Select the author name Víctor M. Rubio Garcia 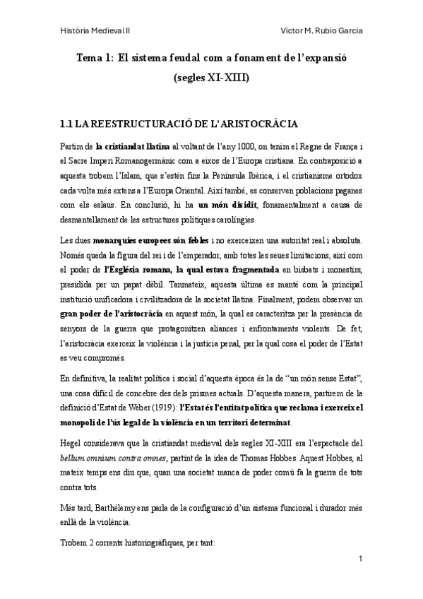point(321,32)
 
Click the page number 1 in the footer point(361,559)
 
